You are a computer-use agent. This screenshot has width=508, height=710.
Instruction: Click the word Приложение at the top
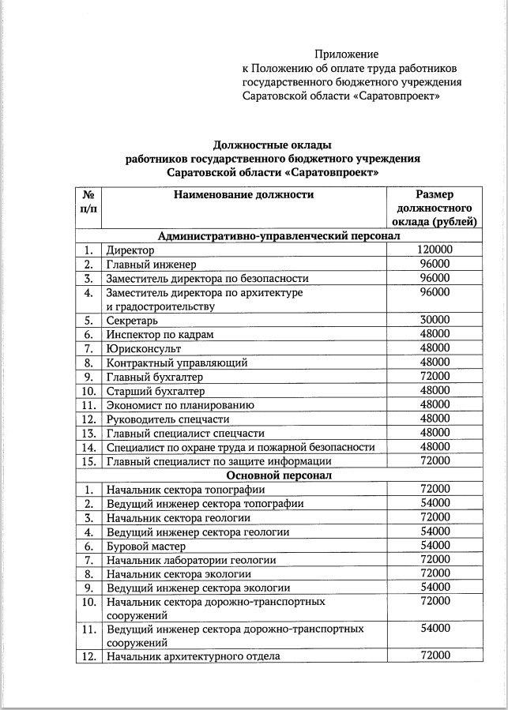[346, 54]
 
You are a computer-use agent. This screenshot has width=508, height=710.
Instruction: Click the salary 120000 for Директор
[434, 250]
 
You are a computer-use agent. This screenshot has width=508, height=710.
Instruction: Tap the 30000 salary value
[434, 321]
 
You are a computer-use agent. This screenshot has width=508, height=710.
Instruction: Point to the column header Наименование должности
[244, 194]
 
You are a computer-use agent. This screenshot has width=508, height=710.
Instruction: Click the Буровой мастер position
[146, 546]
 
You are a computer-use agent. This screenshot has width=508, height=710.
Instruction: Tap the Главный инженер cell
[151, 265]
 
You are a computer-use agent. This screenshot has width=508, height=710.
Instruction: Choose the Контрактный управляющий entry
[177, 363]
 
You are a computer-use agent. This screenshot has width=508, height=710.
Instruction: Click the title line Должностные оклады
[272, 145]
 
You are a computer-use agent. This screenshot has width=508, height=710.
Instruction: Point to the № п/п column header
[89, 201]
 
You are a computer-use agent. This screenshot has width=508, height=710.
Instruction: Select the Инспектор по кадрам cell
[160, 335]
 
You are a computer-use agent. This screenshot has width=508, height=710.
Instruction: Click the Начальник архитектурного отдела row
[193, 656]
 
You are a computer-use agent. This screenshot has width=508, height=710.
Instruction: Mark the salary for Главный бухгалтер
[434, 377]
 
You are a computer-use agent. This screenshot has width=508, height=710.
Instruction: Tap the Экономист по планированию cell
[180, 405]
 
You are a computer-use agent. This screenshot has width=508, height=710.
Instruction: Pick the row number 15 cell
[89, 461]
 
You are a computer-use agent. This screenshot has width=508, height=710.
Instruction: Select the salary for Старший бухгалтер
[434, 391]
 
